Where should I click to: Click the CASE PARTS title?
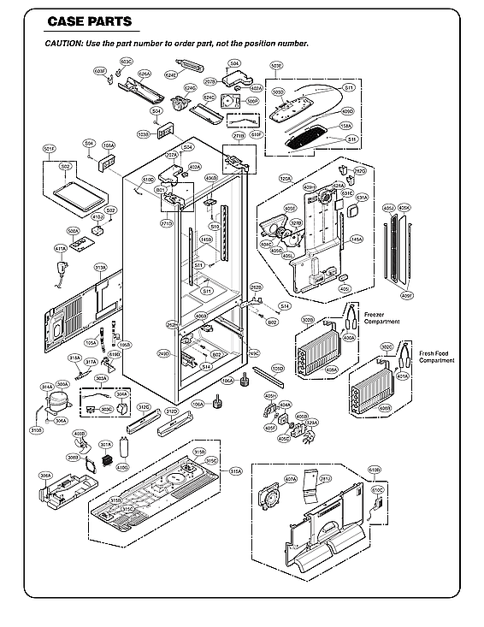click(82, 21)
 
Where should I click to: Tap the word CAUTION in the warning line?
click(62, 43)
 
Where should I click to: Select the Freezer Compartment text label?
click(381, 317)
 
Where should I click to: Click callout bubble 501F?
click(50, 149)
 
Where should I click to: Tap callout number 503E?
click(275, 65)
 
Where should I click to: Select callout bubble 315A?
click(236, 471)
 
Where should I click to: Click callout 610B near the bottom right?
click(375, 470)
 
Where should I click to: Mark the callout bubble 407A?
click(291, 479)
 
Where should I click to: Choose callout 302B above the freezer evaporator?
click(308, 320)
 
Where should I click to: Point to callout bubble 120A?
click(285, 179)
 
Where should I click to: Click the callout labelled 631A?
click(362, 198)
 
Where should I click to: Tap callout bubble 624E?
click(171, 75)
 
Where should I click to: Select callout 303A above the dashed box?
click(101, 377)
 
